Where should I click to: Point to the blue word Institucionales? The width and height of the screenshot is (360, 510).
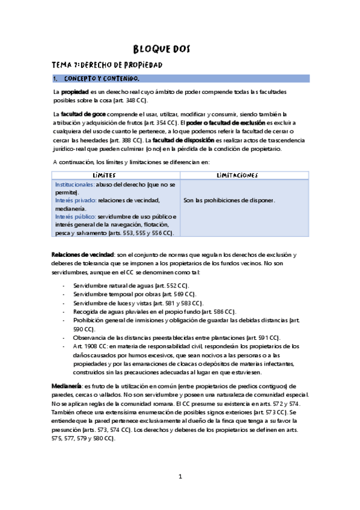[74, 184]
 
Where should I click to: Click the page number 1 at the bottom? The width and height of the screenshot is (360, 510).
[180, 477]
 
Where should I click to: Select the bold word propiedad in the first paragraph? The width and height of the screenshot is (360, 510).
[76, 91]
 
